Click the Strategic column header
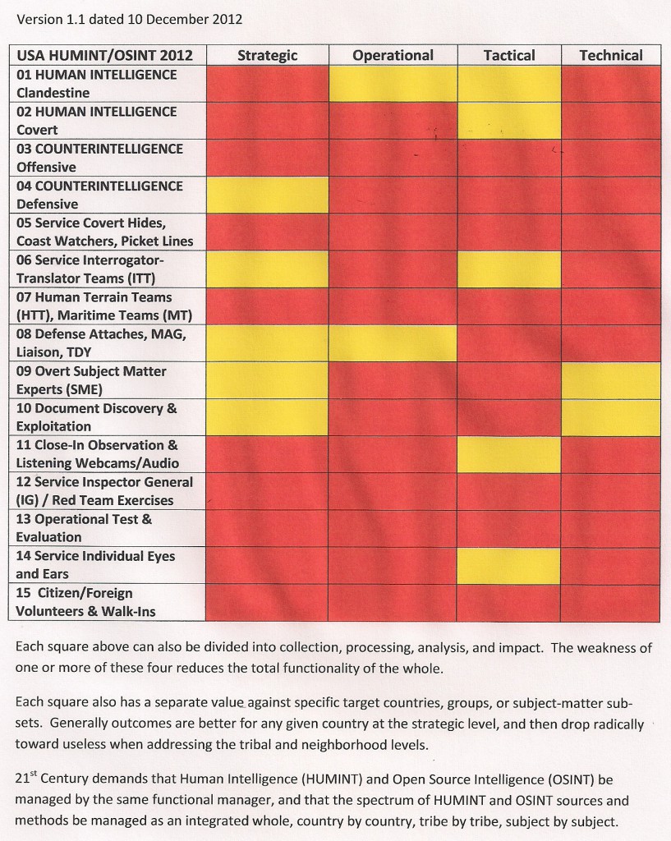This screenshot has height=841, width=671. point(267,56)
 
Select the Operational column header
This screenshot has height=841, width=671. point(393,56)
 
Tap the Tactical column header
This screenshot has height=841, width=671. point(509,56)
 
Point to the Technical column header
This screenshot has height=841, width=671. point(610,56)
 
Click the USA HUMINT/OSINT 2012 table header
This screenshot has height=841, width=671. point(105,56)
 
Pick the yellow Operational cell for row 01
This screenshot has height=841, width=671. point(393,84)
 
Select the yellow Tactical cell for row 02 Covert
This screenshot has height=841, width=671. point(509,121)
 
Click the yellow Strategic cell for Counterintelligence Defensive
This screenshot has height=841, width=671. point(267,195)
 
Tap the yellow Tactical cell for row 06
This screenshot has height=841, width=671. point(509,269)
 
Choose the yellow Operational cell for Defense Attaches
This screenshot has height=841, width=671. point(393,343)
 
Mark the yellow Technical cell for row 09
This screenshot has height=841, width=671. point(610,380)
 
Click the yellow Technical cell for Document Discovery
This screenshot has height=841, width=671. point(610,417)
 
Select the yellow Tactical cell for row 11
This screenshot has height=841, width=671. point(509,454)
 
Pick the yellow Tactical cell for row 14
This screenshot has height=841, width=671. point(509,565)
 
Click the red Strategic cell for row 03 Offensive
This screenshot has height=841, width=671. point(267,158)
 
